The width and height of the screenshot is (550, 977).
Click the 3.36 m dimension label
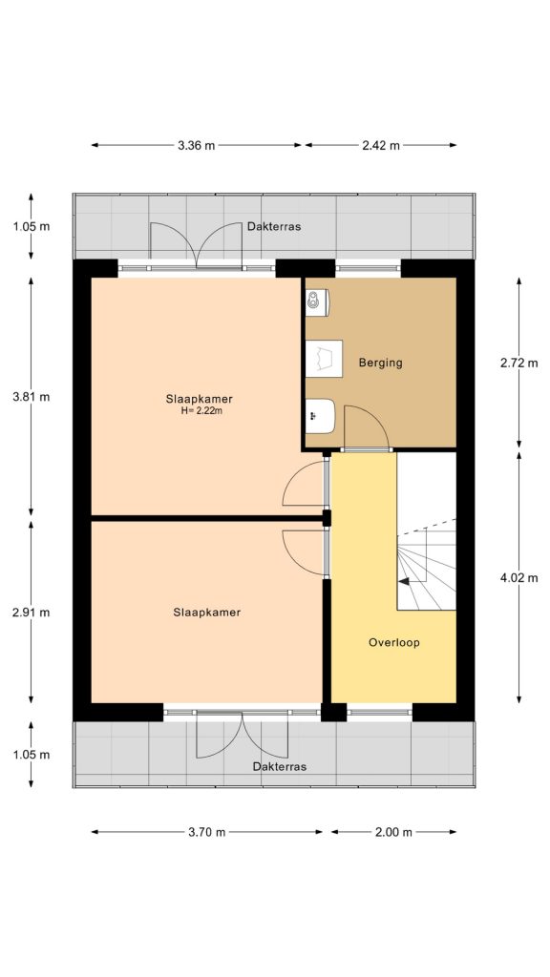point(196,145)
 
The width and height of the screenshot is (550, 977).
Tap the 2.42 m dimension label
point(380,145)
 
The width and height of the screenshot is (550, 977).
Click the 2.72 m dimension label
point(519,363)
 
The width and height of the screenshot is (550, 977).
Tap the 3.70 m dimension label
point(206,832)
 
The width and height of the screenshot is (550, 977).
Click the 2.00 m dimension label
point(392,832)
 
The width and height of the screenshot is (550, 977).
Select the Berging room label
point(380,363)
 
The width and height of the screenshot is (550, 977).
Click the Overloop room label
point(393,642)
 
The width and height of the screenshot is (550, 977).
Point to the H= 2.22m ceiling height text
point(201,411)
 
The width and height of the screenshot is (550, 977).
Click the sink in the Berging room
point(319,415)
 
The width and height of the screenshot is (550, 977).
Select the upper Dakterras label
point(274,227)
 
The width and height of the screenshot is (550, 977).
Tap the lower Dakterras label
point(280,766)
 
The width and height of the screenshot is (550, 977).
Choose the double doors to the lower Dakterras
point(243,734)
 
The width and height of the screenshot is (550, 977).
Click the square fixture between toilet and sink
point(324,359)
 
